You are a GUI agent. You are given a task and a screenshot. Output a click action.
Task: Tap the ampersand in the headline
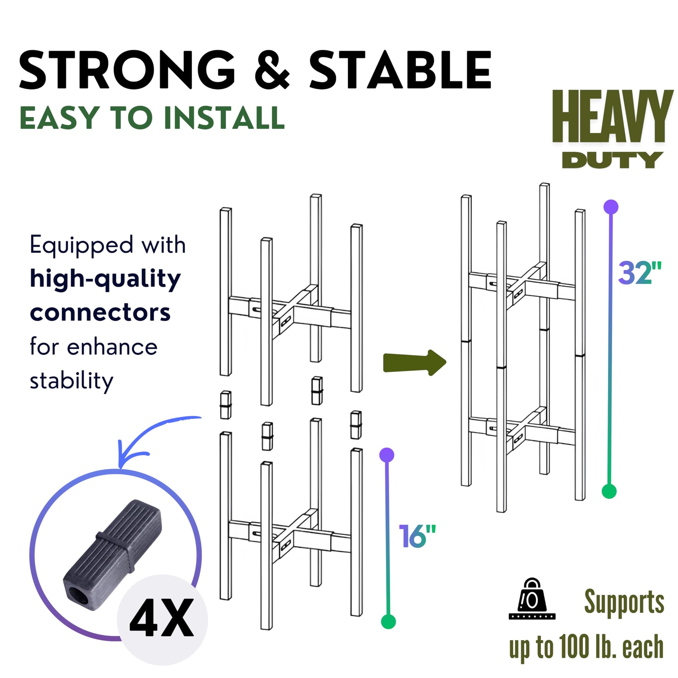272,70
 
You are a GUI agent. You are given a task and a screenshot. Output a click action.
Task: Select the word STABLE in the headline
400,70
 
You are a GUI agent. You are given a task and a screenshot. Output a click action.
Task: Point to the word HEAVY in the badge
613,116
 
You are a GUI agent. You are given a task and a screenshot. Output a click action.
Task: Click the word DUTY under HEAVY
613,160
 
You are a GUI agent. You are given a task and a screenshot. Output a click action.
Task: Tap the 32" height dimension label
639,273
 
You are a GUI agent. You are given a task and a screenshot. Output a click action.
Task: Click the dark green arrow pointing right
415,362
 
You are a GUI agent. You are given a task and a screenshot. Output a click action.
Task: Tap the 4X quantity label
162,617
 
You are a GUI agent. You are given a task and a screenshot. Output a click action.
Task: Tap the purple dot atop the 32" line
611,207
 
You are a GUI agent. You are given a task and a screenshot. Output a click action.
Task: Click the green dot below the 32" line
609,491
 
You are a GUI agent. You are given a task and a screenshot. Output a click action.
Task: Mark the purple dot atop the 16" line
387,455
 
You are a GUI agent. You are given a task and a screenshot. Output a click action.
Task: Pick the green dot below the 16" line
388,622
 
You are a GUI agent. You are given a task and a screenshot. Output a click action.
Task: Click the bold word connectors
100,312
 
